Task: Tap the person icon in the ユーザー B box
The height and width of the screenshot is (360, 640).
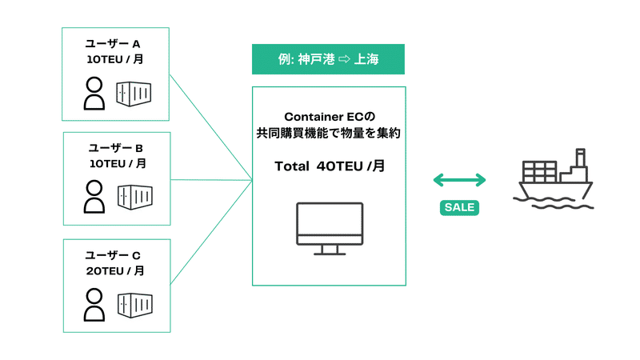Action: click(x=94, y=196)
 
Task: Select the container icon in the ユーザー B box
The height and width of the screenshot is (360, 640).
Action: click(x=134, y=196)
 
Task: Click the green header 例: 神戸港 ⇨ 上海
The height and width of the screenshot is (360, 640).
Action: click(x=328, y=59)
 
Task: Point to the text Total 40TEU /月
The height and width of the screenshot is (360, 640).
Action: click(x=328, y=166)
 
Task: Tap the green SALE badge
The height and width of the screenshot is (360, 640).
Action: click(x=459, y=207)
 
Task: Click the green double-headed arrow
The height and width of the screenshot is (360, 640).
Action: click(x=459, y=180)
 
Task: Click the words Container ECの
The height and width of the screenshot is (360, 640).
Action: click(x=328, y=117)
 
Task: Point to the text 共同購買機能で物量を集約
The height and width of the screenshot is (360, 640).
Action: click(x=328, y=134)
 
